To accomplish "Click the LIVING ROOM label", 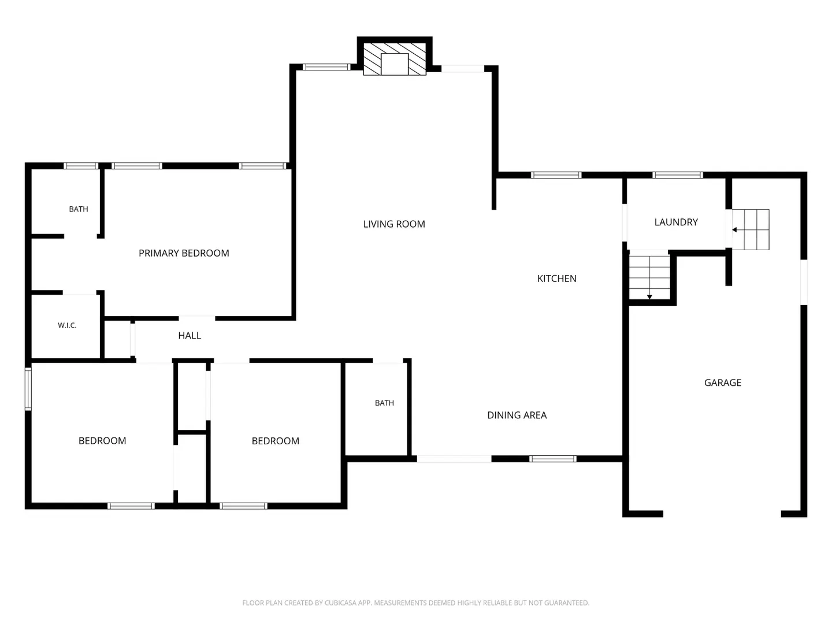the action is click(x=394, y=224).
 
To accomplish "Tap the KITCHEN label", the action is click(x=556, y=278).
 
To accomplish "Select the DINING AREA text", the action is click(x=517, y=415).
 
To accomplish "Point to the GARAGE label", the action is click(x=722, y=382).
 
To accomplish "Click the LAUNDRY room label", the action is click(x=676, y=222).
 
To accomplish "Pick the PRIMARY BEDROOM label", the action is click(x=184, y=253).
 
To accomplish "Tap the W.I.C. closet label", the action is click(x=67, y=325).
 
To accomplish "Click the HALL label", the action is click(x=190, y=335).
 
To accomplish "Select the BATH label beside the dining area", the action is click(x=384, y=403).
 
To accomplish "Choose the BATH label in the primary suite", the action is click(x=79, y=209).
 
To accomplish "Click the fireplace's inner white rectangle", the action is click(x=394, y=64).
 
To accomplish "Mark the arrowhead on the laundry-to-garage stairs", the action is click(x=734, y=229).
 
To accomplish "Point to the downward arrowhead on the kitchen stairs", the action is click(x=649, y=297).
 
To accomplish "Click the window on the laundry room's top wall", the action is click(x=677, y=175).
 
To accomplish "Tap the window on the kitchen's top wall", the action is click(x=556, y=175).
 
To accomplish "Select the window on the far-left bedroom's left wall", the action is click(x=28, y=389).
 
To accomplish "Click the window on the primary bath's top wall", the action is click(x=81, y=166).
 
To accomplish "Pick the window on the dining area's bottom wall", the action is click(x=553, y=459).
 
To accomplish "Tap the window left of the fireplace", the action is click(x=326, y=67).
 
